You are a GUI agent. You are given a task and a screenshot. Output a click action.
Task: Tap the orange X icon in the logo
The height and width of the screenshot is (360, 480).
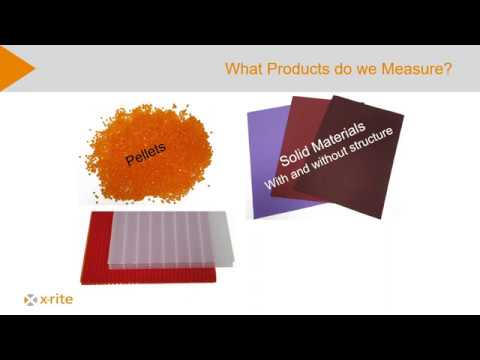[31, 298]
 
